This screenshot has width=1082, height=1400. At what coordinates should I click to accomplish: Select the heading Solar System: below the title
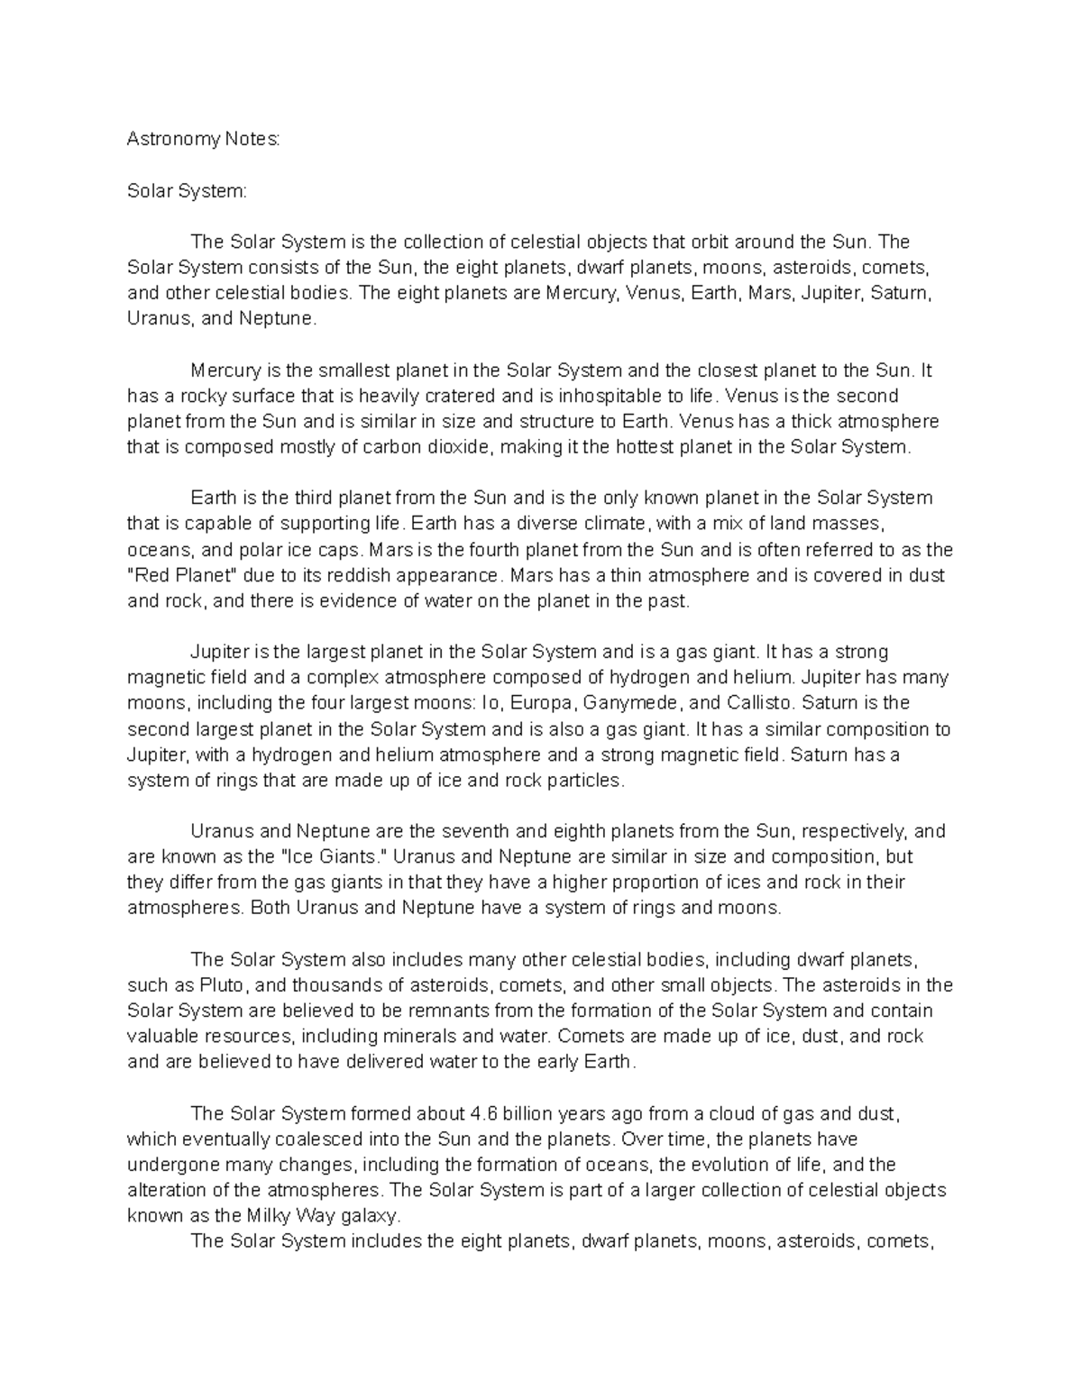point(186,191)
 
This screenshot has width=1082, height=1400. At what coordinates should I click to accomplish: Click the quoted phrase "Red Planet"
point(186,575)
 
